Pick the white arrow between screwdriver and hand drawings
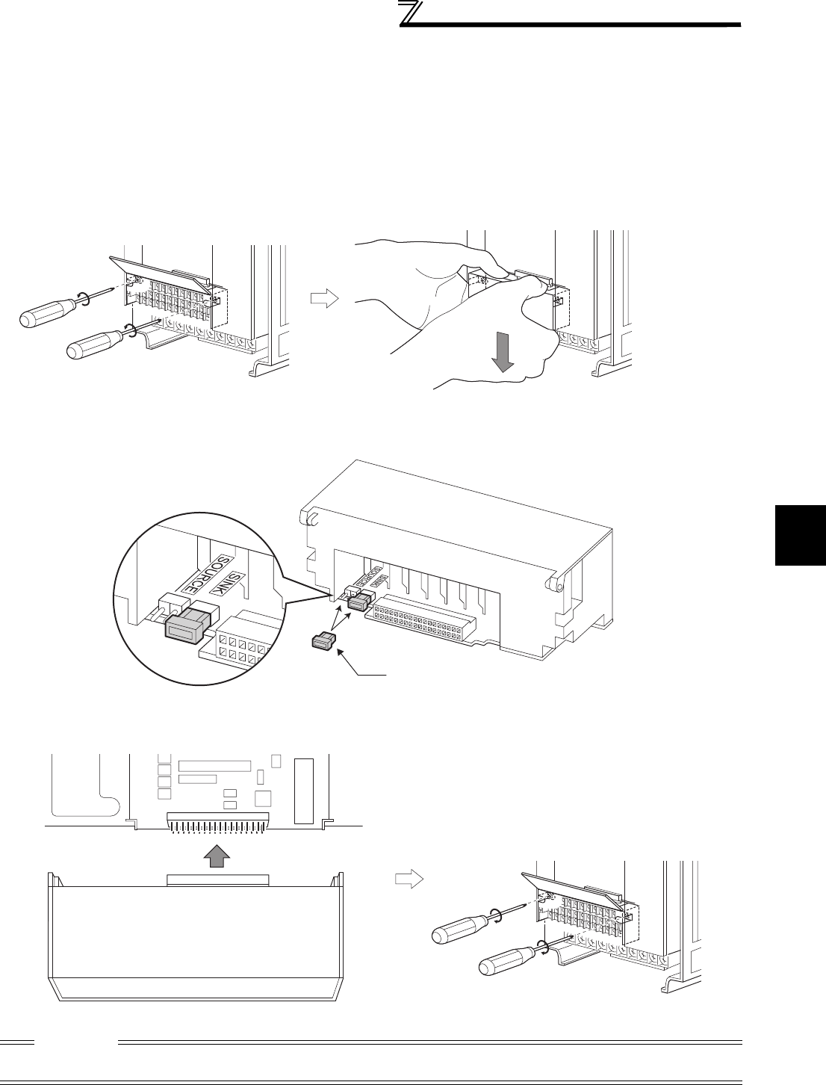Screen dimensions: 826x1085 [324, 299]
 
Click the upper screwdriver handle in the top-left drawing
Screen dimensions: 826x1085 [45, 309]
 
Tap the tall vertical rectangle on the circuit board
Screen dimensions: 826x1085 [302, 791]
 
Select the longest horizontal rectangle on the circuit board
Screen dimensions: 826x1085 [214, 766]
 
